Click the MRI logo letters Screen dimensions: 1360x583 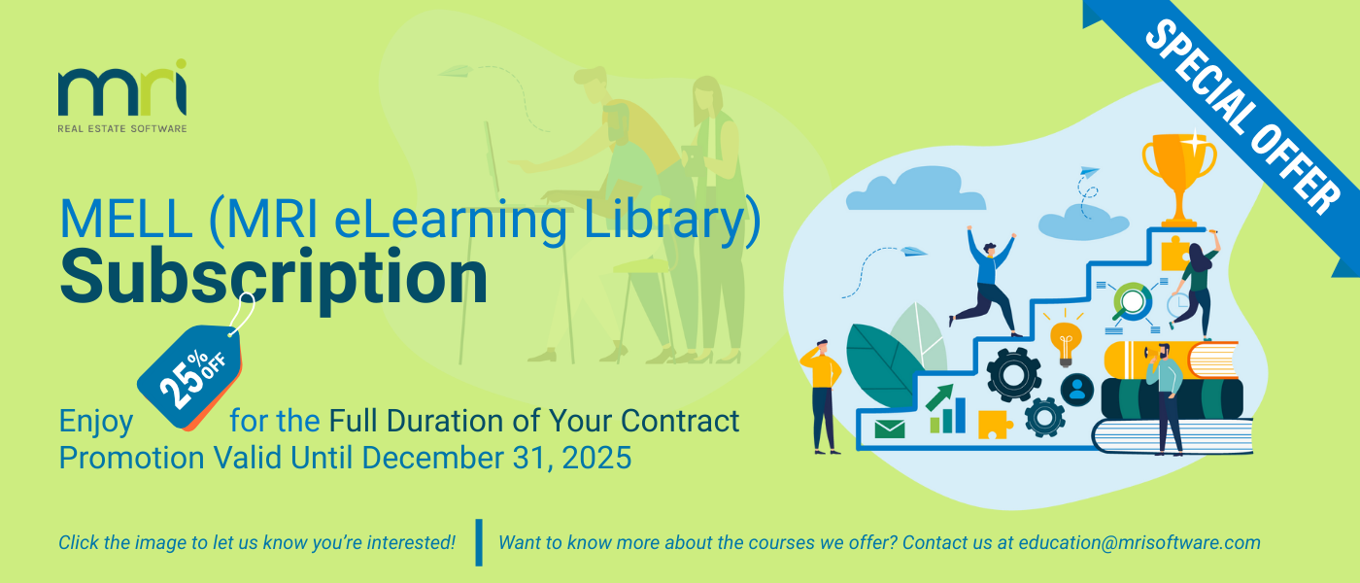pyautogui.click(x=122, y=88)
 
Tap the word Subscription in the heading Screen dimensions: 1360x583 pyautogui.click(x=274, y=278)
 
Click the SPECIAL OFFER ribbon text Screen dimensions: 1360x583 pyautogui.click(x=1241, y=117)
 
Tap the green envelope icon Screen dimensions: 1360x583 pyautogui.click(x=890, y=429)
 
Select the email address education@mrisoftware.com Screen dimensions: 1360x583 pyautogui.click(x=1139, y=542)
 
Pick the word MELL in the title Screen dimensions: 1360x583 pyautogui.click(x=126, y=219)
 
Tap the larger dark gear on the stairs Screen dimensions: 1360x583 pyautogui.click(x=1013, y=374)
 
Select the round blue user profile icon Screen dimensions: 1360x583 pyautogui.click(x=1077, y=390)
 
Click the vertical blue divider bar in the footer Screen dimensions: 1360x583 pyautogui.click(x=479, y=542)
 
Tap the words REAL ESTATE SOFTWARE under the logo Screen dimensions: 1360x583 pyautogui.click(x=122, y=128)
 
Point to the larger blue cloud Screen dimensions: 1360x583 pyautogui.click(x=915, y=189)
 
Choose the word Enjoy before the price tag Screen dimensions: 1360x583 pyautogui.click(x=96, y=423)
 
